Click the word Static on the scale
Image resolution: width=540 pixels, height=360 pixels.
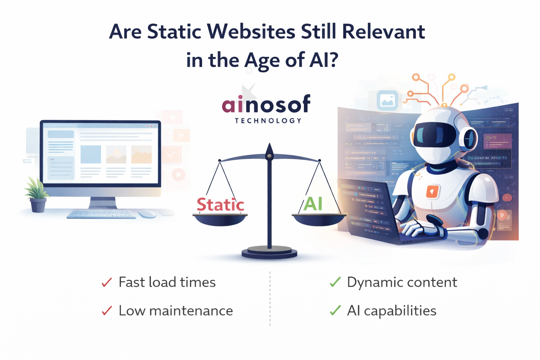pos(220,205)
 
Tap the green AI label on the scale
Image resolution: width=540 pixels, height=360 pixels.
pos(313,204)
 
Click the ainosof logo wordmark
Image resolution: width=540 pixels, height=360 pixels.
pos(266,104)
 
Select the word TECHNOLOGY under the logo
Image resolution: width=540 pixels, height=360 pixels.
pos(268,121)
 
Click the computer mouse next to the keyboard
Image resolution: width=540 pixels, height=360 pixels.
pos(147,214)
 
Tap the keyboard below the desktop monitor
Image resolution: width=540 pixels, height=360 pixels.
pos(101,214)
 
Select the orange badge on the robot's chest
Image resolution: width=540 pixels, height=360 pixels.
pos(432,192)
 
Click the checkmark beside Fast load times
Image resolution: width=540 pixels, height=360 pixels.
pos(107,282)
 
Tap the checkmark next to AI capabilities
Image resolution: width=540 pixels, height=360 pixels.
pos(335,310)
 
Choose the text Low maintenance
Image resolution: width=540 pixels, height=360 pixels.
pos(175,311)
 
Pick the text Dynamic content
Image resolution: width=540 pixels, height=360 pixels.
pos(402,282)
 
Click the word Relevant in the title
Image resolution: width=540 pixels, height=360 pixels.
pos(383,32)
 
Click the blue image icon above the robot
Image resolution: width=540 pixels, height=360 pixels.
pos(387,101)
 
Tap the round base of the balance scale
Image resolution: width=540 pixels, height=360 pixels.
pos(269,252)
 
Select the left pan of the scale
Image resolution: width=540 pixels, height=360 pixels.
pos(220,219)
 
